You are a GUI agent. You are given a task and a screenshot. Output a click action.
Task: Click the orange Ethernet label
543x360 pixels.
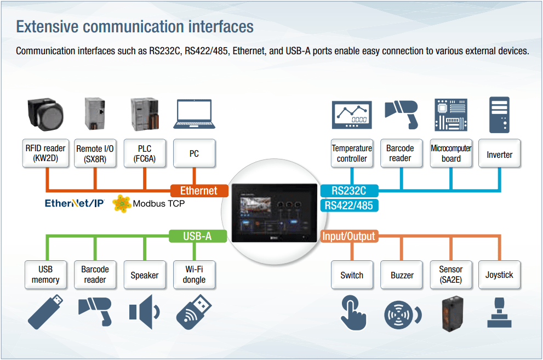click(x=198, y=191)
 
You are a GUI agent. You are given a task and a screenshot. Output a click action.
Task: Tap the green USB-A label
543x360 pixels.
click(x=197, y=236)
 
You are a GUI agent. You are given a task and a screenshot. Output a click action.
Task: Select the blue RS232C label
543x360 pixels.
click(x=348, y=191)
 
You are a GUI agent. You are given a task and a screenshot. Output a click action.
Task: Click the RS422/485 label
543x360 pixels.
click(x=348, y=205)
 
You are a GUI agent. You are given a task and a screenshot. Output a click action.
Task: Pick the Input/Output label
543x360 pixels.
click(x=348, y=236)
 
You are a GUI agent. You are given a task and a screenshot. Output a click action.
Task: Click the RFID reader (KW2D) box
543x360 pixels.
click(x=45, y=153)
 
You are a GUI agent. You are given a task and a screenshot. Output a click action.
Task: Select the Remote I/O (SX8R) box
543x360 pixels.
click(x=95, y=153)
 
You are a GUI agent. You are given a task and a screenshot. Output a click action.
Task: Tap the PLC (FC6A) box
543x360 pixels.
click(x=145, y=153)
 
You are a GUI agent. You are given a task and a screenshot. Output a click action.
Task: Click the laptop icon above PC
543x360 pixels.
click(x=194, y=114)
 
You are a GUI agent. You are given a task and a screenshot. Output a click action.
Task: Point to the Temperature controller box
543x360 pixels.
click(x=352, y=153)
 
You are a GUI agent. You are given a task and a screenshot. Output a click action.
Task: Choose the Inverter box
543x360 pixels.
click(x=500, y=154)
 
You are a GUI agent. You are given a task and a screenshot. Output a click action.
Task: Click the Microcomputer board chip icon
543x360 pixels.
click(x=451, y=115)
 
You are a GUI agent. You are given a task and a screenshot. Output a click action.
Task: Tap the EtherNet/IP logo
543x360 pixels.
click(x=75, y=204)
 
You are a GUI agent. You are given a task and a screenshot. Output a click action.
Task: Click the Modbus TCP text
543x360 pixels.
click(x=159, y=204)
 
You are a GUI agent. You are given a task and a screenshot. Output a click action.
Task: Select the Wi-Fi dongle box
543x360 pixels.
click(x=194, y=275)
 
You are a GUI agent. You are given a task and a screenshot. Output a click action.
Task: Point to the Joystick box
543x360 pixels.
click(x=500, y=275)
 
